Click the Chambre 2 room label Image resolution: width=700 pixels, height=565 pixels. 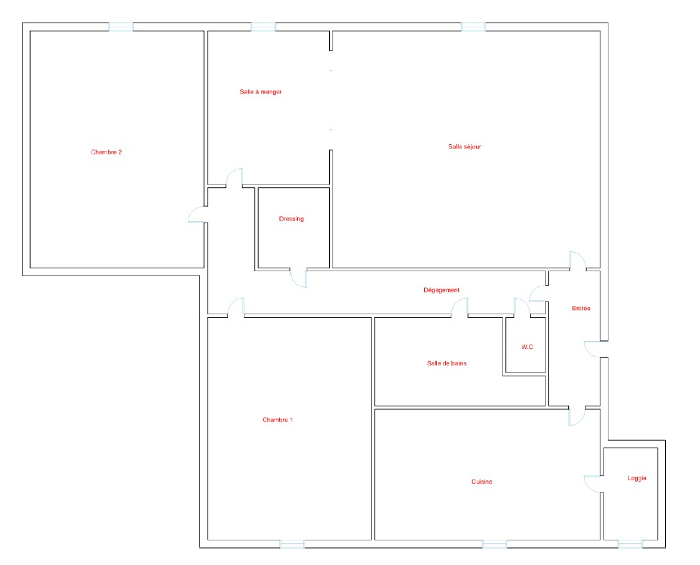(107, 152)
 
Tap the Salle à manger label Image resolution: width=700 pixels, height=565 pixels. (261, 92)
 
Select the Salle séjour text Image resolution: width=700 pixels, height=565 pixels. (465, 146)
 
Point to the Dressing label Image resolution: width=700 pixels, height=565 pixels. (291, 219)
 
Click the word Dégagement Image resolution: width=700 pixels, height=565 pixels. (442, 290)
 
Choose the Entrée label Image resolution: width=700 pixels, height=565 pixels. (580, 308)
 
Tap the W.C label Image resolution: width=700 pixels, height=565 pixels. (527, 347)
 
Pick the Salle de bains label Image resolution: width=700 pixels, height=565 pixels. (447, 363)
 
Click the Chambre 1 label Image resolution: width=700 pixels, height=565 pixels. (278, 420)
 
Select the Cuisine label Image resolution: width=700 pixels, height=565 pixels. (481, 482)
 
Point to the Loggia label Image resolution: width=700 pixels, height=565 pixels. (637, 478)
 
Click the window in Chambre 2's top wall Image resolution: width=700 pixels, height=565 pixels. (121, 27)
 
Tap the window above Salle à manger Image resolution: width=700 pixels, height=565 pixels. (264, 27)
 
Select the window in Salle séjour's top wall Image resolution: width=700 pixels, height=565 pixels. (473, 27)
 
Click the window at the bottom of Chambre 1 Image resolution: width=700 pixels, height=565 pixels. (292, 544)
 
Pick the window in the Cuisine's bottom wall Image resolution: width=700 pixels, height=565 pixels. (494, 544)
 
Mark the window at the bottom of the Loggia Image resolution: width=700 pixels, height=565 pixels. (630, 544)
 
